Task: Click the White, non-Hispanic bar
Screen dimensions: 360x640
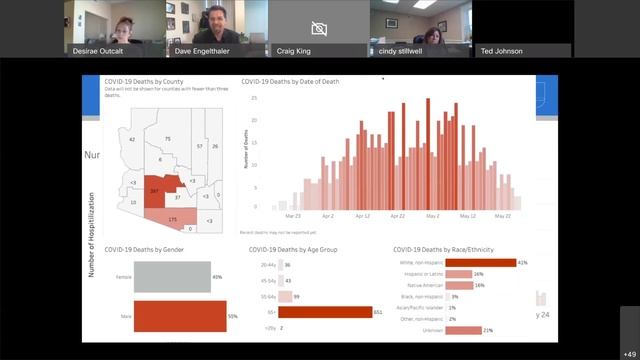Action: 479,263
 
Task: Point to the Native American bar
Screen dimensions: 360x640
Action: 459,285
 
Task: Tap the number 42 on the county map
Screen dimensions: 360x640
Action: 131,140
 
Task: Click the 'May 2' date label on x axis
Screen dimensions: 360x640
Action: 432,215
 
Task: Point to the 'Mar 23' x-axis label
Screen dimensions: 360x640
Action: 292,215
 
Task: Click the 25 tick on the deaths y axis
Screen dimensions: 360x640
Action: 255,98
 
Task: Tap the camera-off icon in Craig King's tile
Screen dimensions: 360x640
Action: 319,28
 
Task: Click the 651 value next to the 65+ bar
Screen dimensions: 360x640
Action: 379,312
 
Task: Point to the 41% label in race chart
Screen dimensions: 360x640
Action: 523,263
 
